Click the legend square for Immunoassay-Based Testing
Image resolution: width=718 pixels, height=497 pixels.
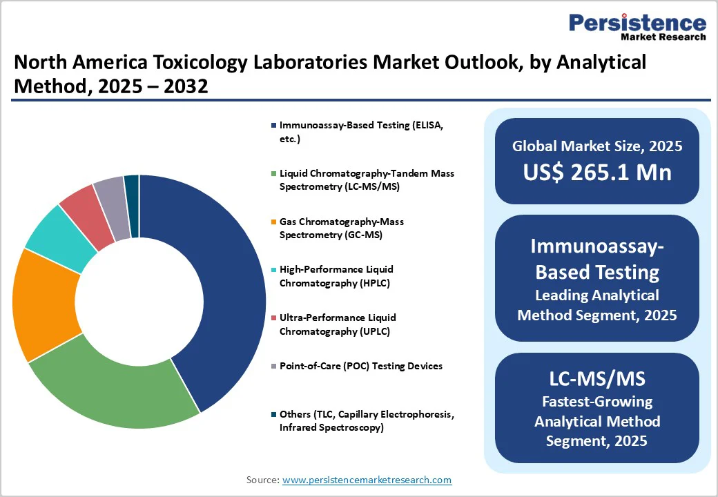274,126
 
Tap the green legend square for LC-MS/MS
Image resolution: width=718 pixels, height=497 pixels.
274,173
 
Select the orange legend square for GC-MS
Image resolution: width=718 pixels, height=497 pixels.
274,222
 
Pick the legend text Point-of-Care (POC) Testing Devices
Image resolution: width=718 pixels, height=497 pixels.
361,366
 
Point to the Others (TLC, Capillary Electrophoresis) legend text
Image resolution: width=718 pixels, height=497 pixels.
367,420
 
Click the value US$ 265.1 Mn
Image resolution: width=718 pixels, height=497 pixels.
597,171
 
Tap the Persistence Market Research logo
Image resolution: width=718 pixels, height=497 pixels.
637,28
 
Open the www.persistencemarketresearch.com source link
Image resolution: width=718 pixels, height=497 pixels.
367,480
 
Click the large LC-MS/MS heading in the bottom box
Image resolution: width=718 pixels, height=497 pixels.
597,378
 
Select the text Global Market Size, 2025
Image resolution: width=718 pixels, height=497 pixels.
597,146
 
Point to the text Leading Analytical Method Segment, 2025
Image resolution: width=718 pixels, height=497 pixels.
597,305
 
